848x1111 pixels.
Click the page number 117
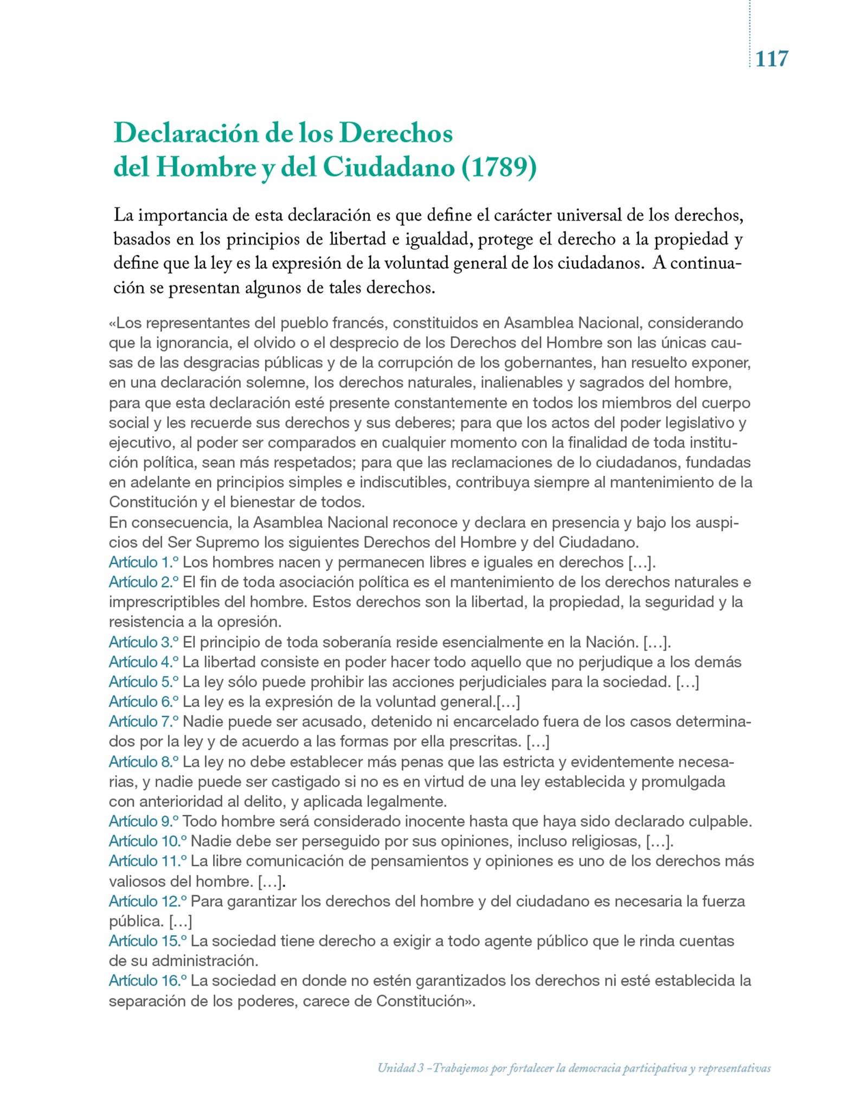click(x=772, y=58)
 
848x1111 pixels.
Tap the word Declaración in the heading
click(x=186, y=133)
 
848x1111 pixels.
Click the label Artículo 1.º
click(x=144, y=562)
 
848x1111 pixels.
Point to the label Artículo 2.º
click(x=144, y=582)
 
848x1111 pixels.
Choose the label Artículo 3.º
click(x=144, y=642)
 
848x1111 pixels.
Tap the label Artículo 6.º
click(x=144, y=702)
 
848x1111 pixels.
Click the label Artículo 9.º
click(x=144, y=821)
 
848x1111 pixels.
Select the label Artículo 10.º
click(x=147, y=841)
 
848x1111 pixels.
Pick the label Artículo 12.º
click(x=147, y=901)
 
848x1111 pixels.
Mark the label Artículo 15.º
click(x=147, y=941)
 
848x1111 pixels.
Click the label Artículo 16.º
click(x=147, y=981)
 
